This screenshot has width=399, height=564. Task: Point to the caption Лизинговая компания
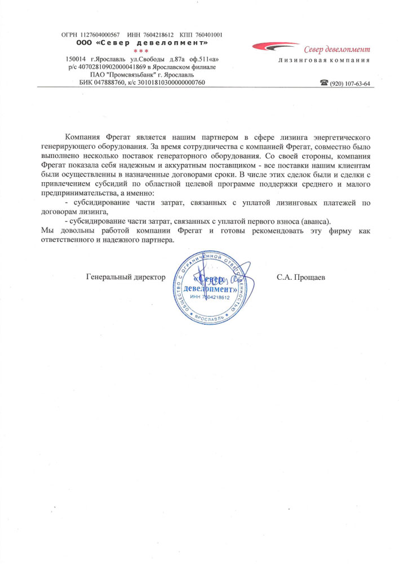click(324, 60)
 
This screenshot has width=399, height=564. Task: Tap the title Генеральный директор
click(126, 277)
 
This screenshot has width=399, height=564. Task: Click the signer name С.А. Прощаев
click(301, 277)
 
